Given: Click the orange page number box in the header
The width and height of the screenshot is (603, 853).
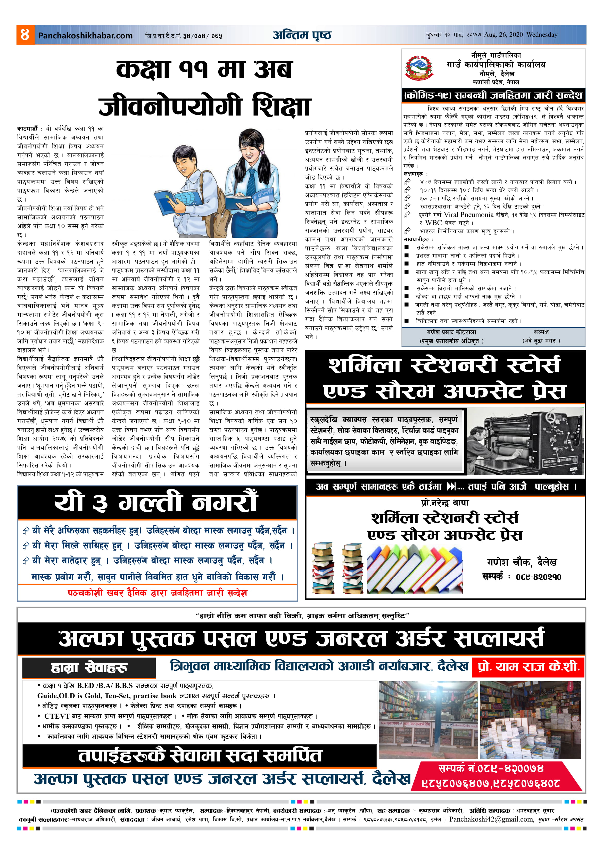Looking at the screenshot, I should click(25, 35).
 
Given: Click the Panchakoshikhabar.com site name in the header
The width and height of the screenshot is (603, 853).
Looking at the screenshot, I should click(85, 36).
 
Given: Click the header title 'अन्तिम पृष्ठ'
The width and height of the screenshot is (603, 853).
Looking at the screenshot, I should click(302, 35).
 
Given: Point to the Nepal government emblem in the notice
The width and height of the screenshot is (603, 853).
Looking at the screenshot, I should click(419, 68).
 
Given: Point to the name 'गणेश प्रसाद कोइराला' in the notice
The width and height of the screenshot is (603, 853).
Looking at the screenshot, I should click(451, 332).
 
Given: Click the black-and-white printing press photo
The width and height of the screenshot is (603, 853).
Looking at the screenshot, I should click(525, 441).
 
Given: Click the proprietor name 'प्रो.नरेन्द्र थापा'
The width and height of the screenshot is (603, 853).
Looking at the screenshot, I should click(445, 503).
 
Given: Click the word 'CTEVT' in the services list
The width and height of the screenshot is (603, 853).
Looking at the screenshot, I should click(57, 716).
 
